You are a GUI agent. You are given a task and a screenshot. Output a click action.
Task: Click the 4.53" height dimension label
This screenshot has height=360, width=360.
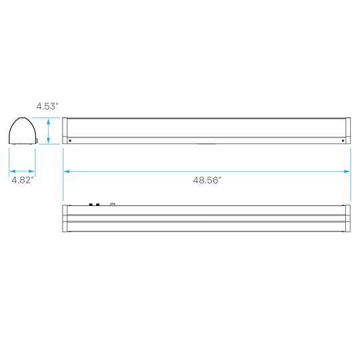coord(47,106)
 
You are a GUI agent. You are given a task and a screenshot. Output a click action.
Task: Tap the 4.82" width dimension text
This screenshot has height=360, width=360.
coord(23,180)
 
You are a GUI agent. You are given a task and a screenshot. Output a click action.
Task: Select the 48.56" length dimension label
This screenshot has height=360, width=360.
coord(207,180)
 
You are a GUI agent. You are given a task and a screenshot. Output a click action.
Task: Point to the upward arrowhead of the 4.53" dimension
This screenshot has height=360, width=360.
coord(48,122)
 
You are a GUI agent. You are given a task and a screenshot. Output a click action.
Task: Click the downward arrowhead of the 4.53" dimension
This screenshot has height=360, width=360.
coord(48,140)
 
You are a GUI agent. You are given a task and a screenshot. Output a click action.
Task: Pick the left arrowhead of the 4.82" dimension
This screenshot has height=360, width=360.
coord(13,171)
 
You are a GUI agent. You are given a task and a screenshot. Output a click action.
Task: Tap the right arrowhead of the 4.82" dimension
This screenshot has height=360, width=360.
coord(31,171)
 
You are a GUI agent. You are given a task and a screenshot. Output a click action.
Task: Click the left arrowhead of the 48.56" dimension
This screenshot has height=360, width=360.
coord(67,171)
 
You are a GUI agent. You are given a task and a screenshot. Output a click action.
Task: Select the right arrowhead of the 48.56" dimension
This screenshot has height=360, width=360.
coord(347,171)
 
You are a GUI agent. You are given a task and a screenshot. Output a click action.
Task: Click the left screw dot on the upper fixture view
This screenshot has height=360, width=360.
coord(70,141)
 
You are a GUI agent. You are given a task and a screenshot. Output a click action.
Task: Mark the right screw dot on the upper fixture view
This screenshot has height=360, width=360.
coord(343,141)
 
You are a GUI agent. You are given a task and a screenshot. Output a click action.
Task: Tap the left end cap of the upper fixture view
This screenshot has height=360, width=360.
coord(65,131)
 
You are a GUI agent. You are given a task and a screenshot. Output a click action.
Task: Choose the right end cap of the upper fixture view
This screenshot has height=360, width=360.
coord(348,131)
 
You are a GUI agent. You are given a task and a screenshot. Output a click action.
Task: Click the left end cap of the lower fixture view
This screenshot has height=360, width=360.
coord(65,219)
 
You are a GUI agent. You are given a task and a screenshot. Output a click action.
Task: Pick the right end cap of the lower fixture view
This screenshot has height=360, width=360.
coord(348,219)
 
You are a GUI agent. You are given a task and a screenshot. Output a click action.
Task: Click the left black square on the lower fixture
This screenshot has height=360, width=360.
coord(91,205)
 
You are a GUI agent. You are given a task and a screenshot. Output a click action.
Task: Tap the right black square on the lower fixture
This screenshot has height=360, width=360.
coord(98,205)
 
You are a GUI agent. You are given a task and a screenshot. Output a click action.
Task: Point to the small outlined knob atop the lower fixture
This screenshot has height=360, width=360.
coord(113,204)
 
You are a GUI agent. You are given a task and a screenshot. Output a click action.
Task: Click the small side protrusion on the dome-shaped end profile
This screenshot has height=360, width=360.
coord(37,141)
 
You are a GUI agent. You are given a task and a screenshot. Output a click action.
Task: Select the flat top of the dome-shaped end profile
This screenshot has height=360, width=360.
coord(22,118)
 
